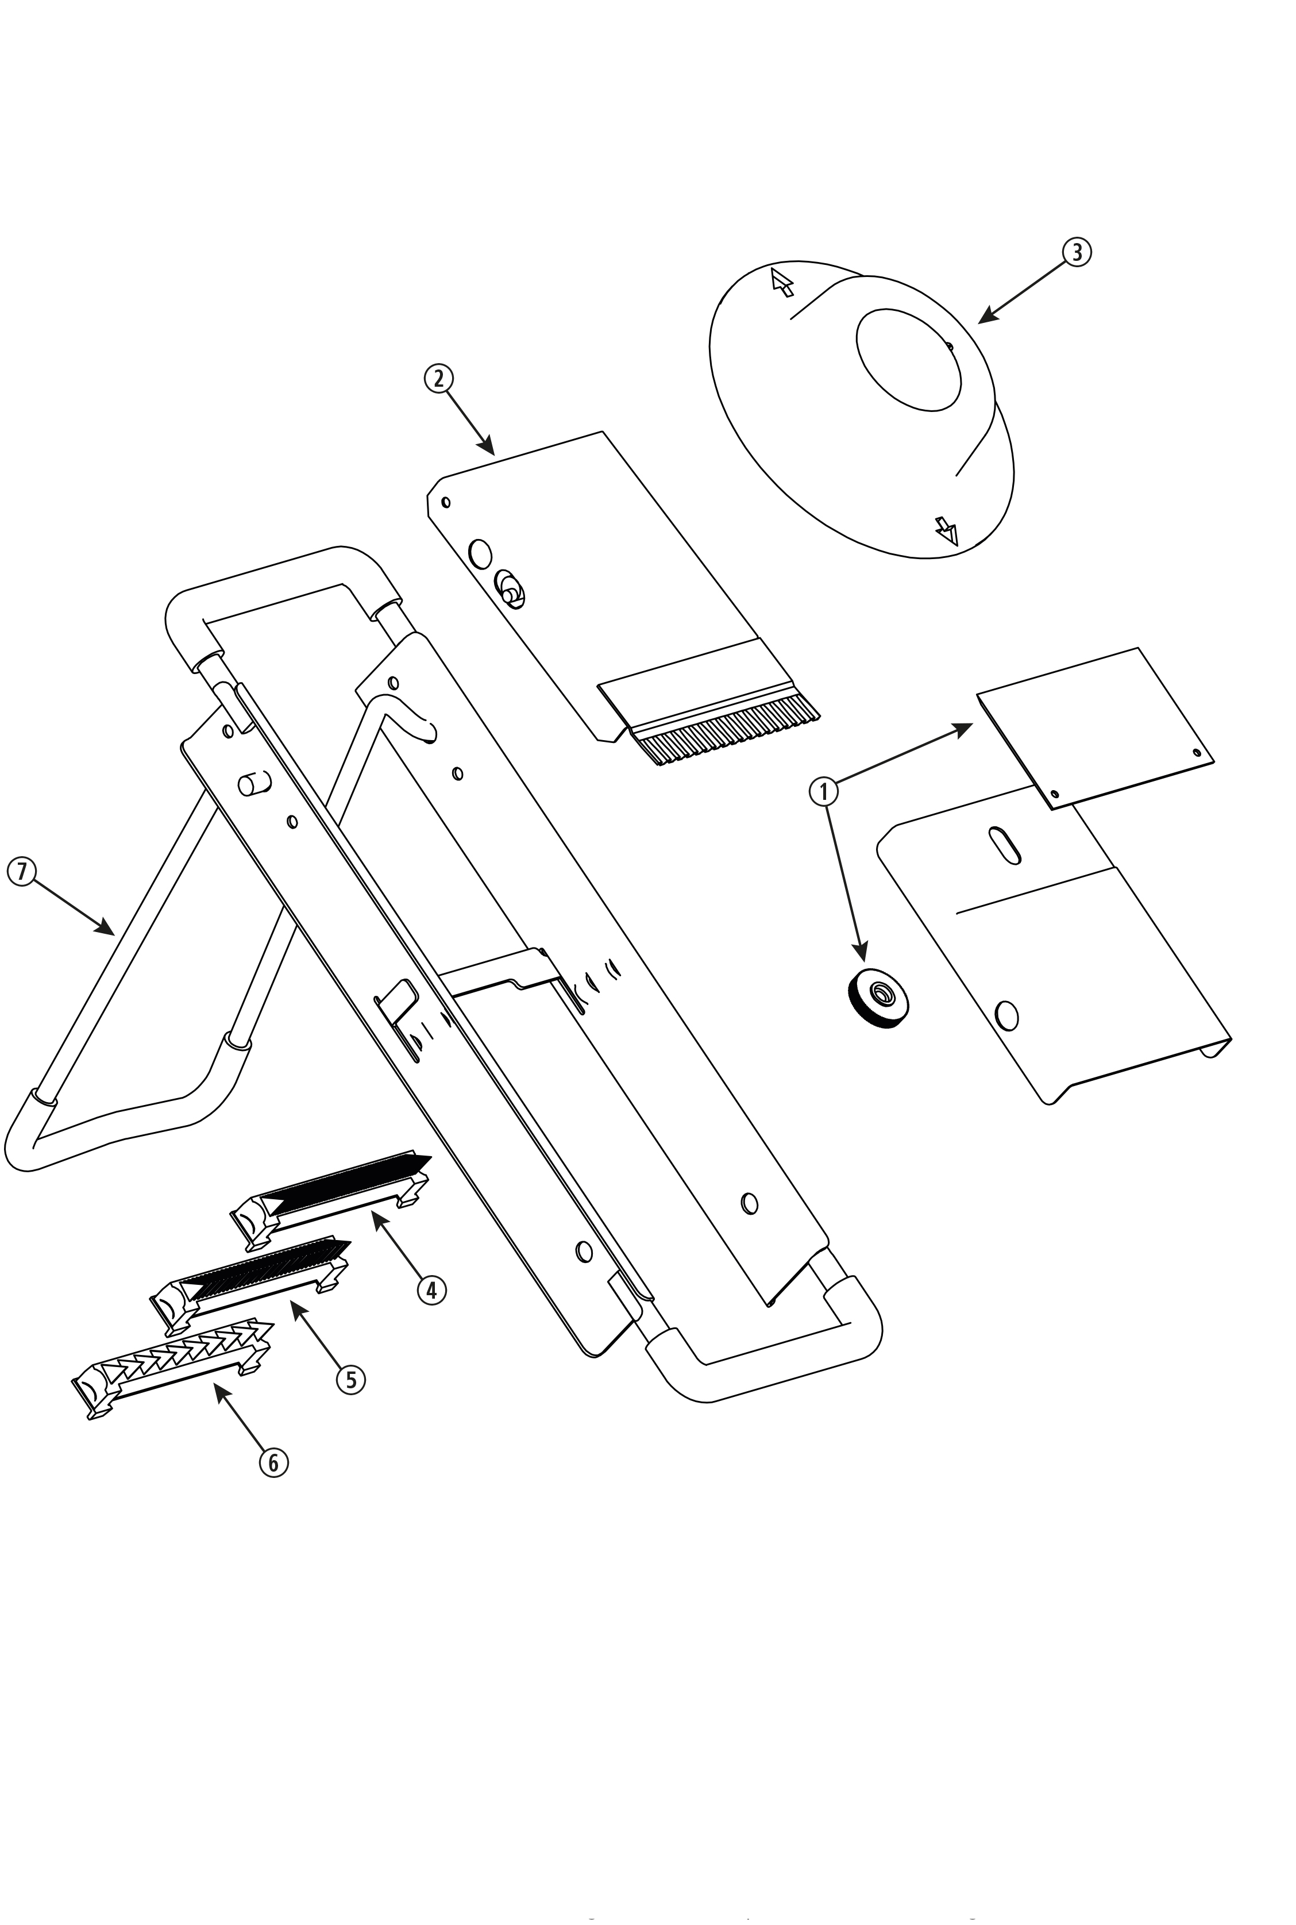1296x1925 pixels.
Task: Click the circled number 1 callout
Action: coord(823,792)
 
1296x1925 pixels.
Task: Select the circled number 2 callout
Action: coord(438,379)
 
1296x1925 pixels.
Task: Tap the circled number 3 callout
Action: coord(1075,252)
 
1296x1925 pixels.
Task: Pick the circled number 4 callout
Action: coord(431,1289)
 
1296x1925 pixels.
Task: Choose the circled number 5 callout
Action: coord(350,1380)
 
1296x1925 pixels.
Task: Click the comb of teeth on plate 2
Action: coord(727,728)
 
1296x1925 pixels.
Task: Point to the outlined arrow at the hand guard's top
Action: coord(781,281)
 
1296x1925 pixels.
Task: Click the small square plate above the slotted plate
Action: coord(1095,727)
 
